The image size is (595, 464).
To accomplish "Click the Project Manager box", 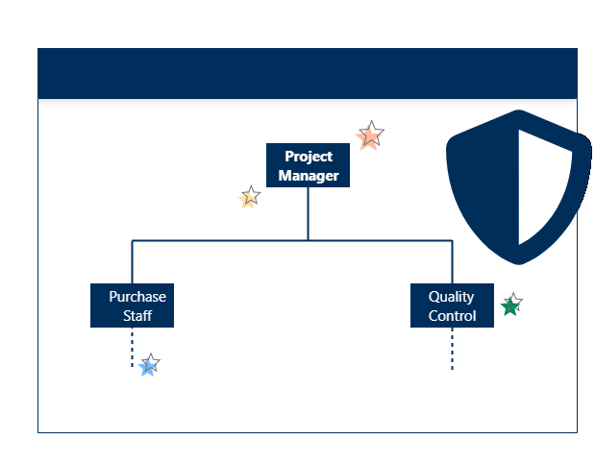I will tap(308, 165).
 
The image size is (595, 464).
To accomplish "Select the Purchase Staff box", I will tap(132, 305).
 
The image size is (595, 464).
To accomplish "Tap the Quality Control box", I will tap(452, 305).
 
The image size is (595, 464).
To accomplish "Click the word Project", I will tap(309, 157).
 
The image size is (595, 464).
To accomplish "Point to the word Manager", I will tap(309, 176).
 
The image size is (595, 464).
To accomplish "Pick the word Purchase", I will tap(137, 297).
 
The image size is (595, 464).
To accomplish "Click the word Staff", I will tap(137, 316).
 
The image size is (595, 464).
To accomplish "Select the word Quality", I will tap(452, 297).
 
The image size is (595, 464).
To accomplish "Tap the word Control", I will tap(453, 316).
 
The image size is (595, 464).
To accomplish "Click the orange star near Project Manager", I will tap(370, 135).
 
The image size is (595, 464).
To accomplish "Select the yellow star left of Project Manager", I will tap(250, 198).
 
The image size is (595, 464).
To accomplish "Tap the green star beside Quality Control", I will tap(510, 305).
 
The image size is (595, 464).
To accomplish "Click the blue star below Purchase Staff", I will tap(148, 365).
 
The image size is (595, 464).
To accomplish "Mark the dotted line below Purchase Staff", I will tap(132, 348).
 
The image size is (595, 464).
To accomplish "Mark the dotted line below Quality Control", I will tap(452, 350).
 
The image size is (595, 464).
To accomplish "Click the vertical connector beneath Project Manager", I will tap(308, 212).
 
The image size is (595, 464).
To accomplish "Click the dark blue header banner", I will tap(308, 73).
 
